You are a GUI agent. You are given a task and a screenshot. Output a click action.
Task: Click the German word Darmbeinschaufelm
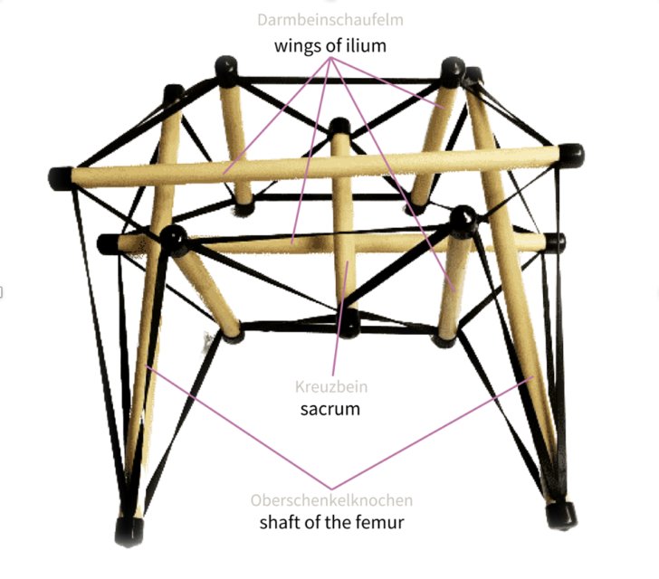coord(330,20)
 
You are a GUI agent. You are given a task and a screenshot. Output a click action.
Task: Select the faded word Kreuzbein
coord(331,386)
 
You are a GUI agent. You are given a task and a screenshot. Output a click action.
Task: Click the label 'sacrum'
coord(330,409)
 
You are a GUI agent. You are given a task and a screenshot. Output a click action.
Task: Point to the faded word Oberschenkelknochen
coord(331,500)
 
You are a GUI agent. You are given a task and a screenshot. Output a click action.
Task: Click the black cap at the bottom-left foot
coord(129,532)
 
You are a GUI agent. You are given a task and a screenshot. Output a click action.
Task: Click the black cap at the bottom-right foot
coord(561,515)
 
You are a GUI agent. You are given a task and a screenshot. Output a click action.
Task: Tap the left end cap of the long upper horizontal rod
coord(60,178)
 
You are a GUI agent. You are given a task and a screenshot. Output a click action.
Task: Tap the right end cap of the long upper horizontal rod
coord(570,155)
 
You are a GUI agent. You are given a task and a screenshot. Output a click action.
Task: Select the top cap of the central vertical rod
coord(339,126)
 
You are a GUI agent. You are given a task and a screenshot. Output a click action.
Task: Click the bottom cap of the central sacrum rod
coord(349,325)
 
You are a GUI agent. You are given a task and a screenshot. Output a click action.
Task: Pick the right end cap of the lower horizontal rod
coord(556,242)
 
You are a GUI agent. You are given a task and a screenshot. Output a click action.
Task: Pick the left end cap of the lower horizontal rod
coord(108,244)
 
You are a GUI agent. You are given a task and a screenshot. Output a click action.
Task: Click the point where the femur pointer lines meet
coord(331,489)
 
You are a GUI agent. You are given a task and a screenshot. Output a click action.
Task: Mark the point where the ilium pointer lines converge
coord(331,59)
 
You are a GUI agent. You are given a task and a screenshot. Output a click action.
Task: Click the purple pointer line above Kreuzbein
coord(340,318)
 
